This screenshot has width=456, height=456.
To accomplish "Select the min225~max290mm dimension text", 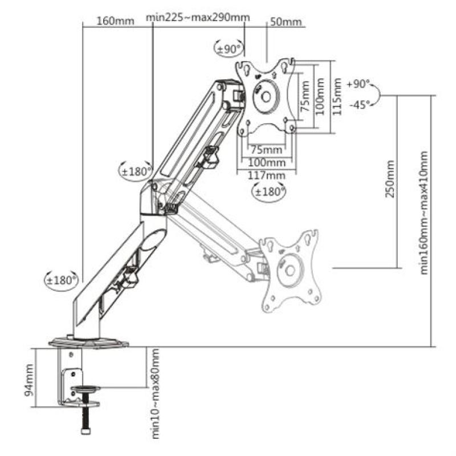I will pos(198,17).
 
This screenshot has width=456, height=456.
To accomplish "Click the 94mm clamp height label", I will pos(30,386).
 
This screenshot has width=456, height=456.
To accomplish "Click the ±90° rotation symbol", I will pos(229,49).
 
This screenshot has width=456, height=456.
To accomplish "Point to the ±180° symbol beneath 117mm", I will pos(269,192).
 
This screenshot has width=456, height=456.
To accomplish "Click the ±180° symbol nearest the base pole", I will pos(62,280).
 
